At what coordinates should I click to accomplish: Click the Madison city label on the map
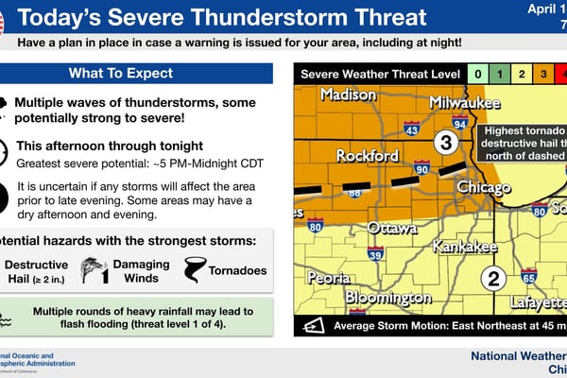[x=348, y=94]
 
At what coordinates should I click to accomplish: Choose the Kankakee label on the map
[x=464, y=247]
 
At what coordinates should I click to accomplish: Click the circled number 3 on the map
[x=446, y=143]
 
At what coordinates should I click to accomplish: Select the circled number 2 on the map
[x=492, y=278]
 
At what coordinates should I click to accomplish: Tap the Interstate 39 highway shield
[x=376, y=253]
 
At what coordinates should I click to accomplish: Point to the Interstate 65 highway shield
[x=528, y=277]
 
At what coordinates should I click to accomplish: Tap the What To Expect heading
[x=134, y=74]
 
